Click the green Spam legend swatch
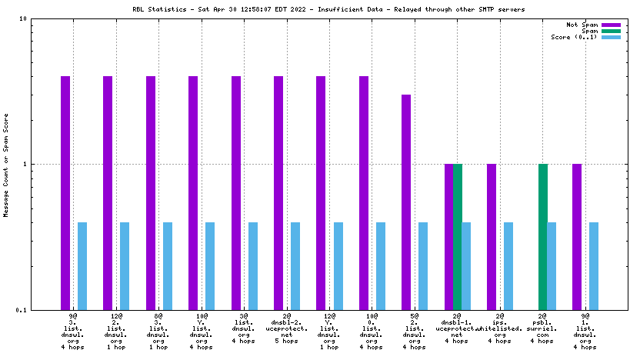[611, 31]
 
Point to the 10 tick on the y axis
[45, 18]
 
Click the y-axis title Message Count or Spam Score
[7, 165]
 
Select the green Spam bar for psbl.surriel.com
[542, 236]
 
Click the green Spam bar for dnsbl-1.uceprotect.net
[458, 236]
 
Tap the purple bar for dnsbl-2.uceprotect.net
[278, 192]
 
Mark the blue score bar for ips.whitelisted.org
[508, 265]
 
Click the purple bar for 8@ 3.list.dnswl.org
[151, 192]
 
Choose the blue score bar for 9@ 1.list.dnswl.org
[594, 265]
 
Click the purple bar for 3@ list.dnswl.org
[236, 192]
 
